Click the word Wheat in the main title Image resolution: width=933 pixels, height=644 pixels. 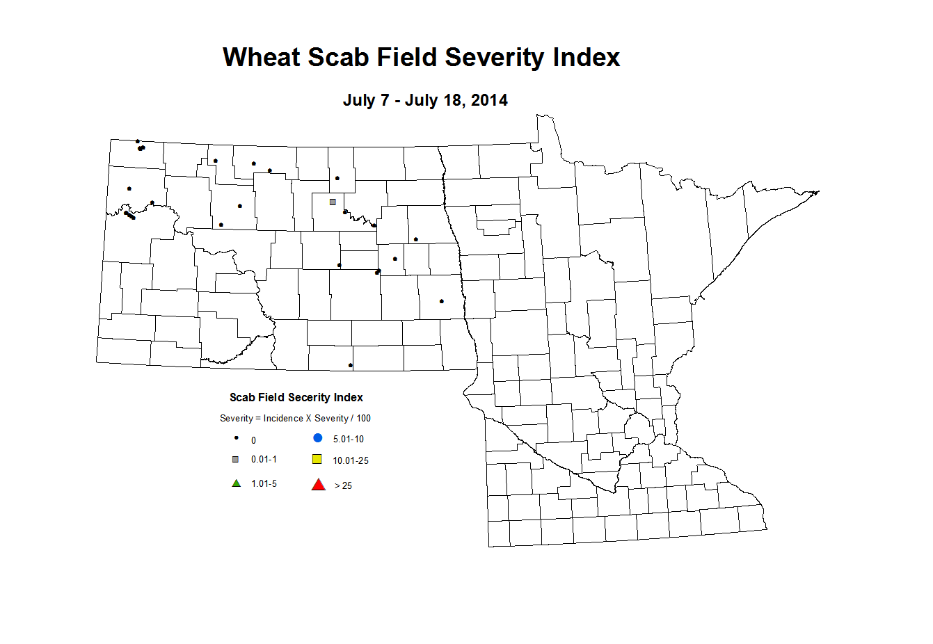261,57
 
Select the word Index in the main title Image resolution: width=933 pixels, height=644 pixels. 586,57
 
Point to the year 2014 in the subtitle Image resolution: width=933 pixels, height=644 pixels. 489,100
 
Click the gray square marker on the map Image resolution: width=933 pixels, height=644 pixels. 333,202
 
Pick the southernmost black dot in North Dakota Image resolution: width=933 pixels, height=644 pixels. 351,365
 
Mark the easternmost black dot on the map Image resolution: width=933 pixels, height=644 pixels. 442,301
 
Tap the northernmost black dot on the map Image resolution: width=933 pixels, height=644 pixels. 138,141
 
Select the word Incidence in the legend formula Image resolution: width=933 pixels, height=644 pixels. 283,418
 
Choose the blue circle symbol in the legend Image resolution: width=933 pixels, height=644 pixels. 318,438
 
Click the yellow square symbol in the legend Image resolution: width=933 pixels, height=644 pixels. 317,459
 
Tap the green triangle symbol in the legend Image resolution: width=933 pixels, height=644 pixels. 237,483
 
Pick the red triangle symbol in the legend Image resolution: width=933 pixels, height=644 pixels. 319,485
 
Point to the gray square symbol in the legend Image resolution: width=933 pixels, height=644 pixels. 236,459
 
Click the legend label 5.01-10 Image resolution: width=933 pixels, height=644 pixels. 348,439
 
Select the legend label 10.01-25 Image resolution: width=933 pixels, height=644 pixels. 351,460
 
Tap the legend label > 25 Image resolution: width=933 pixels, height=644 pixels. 343,485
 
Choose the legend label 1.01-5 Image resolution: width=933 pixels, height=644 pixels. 264,483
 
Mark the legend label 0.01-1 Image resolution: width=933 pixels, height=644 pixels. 264,459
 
